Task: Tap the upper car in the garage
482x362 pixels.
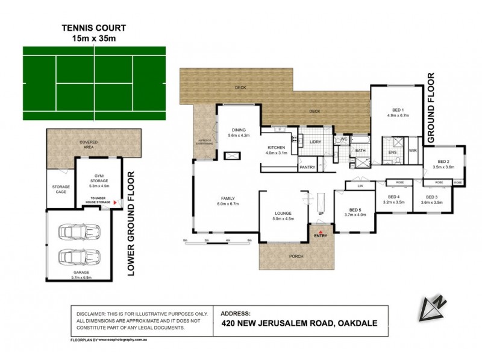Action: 80,233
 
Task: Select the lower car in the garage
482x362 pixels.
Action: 80,258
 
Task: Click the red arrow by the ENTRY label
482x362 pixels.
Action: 321,230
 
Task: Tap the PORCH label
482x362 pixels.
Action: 296,256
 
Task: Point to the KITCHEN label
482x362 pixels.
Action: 276,147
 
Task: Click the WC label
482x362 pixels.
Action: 345,139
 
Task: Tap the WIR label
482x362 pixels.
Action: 413,150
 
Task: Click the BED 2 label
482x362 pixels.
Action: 443,161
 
